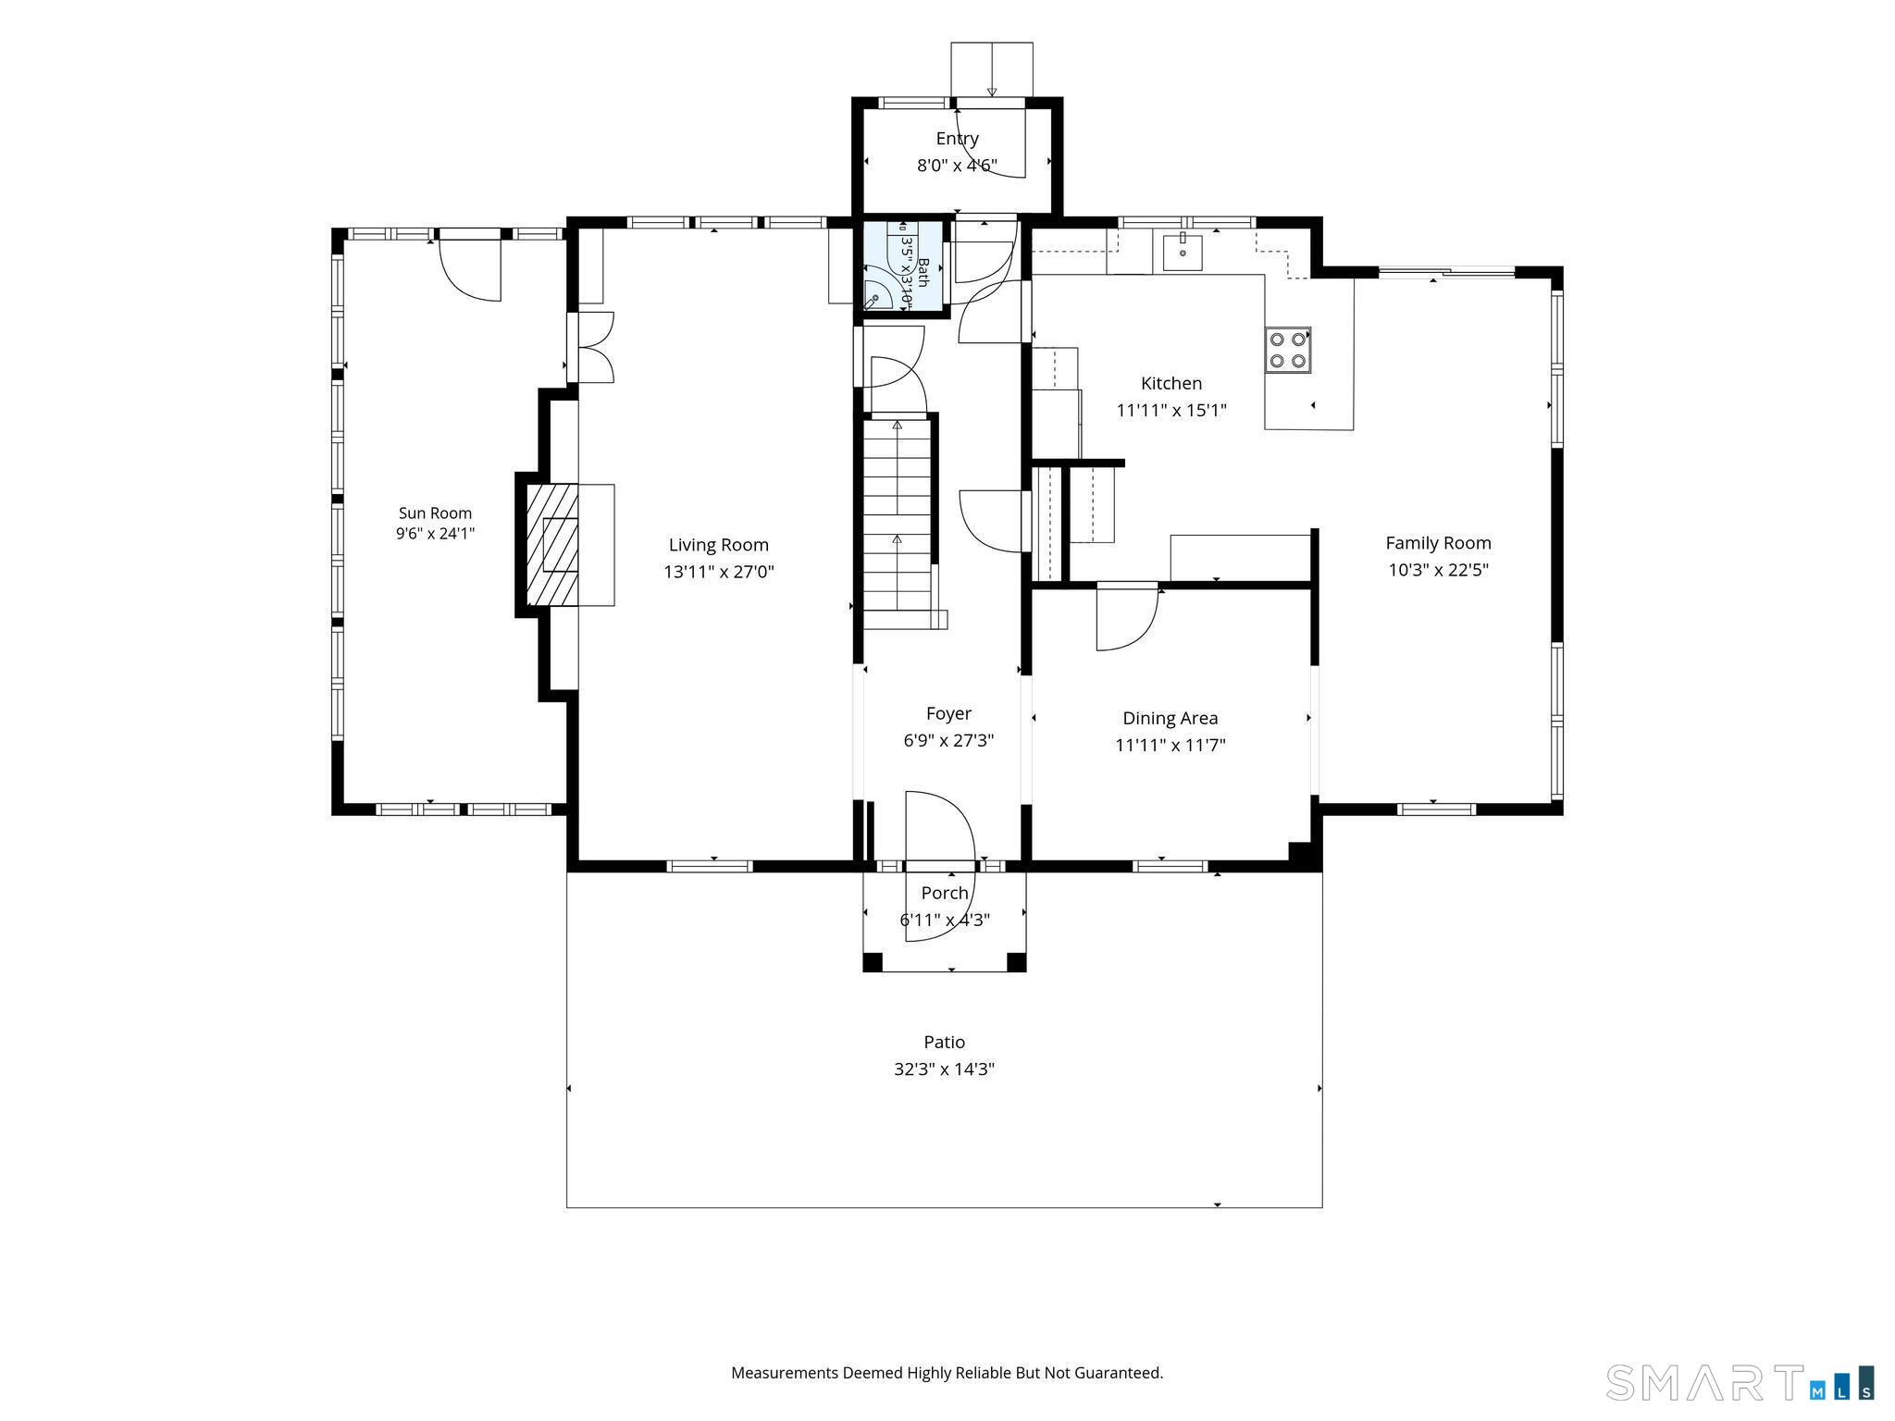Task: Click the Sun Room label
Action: point(435,513)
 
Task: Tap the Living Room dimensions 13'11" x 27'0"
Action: point(719,572)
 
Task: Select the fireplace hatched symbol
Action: point(552,545)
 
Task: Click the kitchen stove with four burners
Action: point(1288,350)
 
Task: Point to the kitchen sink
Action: point(1183,252)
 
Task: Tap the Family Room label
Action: point(1438,543)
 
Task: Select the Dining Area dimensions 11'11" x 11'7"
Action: point(1170,745)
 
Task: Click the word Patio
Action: point(944,1042)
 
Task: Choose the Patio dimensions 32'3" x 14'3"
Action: point(944,1069)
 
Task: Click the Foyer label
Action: point(948,713)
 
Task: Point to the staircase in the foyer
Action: point(898,524)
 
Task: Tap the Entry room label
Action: point(957,139)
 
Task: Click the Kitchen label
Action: point(1171,383)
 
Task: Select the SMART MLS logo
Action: point(1740,1381)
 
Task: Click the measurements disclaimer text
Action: point(947,1373)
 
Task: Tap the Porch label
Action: point(945,893)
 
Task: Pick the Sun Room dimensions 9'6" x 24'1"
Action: point(435,533)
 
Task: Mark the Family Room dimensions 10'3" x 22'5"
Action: point(1438,570)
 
